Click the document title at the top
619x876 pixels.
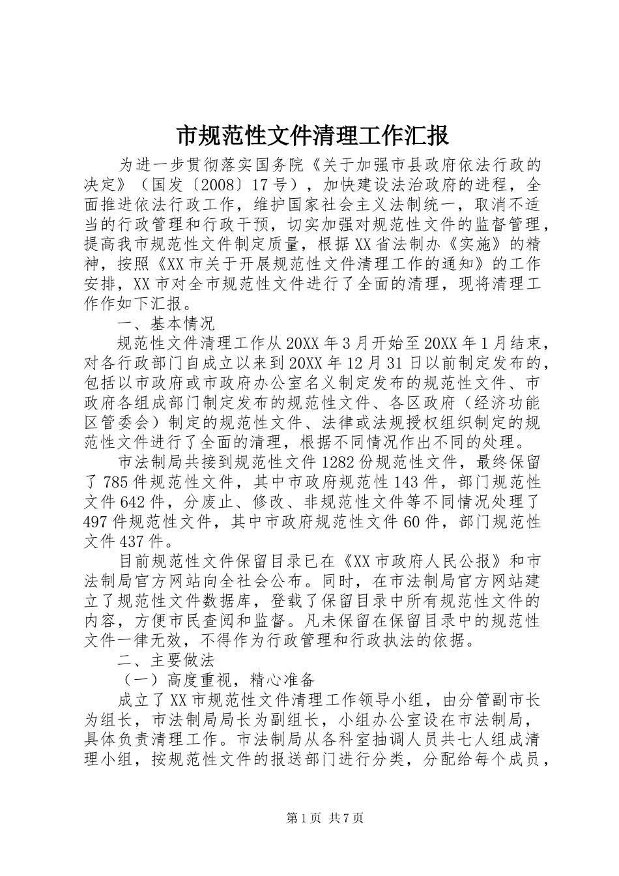[312, 136]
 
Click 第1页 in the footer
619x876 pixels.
[304, 819]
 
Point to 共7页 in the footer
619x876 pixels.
[347, 819]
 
